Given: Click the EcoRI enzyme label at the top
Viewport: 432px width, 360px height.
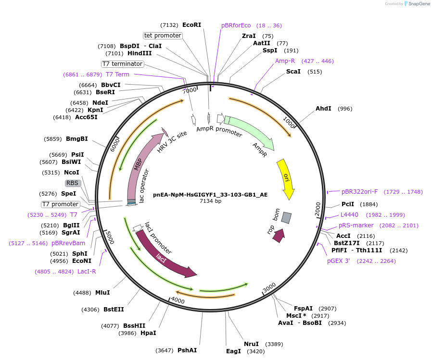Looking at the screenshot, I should pos(191,25).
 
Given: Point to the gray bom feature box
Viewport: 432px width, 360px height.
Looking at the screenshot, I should pos(286,218).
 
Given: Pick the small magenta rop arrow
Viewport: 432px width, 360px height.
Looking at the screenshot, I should pos(279,235).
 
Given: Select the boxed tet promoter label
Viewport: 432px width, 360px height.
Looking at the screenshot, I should pos(163,36).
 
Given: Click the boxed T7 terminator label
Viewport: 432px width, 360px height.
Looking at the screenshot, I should pos(122,64).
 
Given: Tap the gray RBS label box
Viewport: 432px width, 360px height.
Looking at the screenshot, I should pos(73,183).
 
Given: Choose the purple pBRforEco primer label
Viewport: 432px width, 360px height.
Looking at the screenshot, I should pos(236,25).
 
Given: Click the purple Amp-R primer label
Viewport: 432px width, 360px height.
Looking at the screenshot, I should pos(285,61).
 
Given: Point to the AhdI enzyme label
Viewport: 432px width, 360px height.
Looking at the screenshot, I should pos(323,109).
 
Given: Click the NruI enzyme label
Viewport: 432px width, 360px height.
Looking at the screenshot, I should pos(251,344).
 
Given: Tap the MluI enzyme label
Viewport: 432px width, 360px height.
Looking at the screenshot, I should pos(102,293).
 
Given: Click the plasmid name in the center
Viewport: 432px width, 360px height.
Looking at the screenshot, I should pos(210,195).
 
